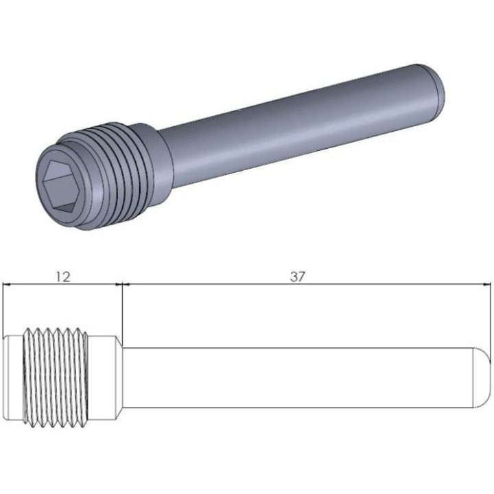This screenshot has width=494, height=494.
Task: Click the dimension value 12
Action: (63, 277)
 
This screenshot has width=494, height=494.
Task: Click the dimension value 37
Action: (298, 277)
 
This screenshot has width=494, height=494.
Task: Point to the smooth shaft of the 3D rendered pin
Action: (299, 126)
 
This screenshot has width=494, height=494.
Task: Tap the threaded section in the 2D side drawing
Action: (56, 378)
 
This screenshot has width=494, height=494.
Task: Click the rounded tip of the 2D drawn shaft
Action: (482, 377)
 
